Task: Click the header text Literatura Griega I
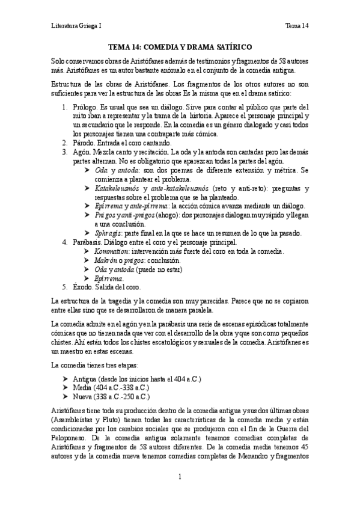pyautogui.click(x=76, y=26)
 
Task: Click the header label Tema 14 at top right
pyautogui.click(x=297, y=26)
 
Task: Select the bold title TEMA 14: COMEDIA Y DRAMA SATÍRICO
pyautogui.click(x=180, y=46)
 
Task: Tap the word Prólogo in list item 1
pyautogui.click(x=85, y=107)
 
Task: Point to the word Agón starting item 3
pyautogui.click(x=82, y=153)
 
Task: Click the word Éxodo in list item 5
pyautogui.click(x=84, y=287)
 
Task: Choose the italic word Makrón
pyautogui.click(x=107, y=260)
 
